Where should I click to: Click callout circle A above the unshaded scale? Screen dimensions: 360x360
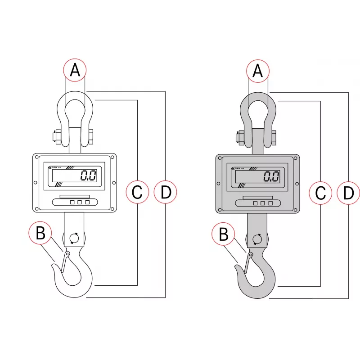75,70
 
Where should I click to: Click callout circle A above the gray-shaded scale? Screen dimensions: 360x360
258,71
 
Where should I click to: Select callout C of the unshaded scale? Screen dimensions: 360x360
137,192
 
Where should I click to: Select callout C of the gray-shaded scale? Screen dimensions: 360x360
320,193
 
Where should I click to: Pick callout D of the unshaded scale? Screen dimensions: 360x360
166,192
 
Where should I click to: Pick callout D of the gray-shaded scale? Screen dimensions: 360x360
349,193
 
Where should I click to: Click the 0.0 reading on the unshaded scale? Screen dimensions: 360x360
88,175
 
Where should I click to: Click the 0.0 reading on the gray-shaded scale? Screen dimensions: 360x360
271,176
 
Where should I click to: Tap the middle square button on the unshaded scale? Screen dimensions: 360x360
80,202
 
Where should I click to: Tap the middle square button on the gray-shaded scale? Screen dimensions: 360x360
263,203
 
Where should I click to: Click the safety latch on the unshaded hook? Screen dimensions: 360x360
65,261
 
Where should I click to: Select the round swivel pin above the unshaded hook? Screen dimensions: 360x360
73,238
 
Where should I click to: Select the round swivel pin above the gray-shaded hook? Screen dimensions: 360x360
256,239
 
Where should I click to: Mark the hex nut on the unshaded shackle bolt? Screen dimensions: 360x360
57,136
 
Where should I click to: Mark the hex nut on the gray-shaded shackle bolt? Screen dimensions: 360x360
239,137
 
